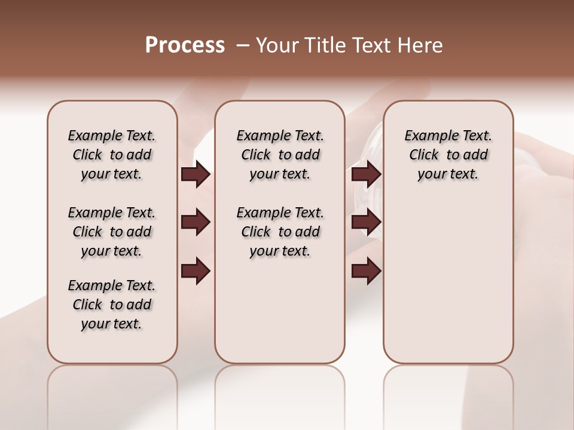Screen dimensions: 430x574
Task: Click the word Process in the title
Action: pos(185,45)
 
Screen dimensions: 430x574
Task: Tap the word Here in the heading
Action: pos(421,45)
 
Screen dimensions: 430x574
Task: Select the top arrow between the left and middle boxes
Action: pos(196,174)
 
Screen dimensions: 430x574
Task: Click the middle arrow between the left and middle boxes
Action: pos(196,223)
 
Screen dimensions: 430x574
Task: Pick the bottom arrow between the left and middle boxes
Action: pos(196,271)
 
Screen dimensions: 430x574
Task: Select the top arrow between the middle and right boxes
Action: pos(366,174)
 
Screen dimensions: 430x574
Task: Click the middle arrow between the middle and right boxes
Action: pos(366,223)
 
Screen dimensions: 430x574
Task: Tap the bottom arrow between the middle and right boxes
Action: pos(366,271)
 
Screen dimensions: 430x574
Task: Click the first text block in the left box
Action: pos(112,155)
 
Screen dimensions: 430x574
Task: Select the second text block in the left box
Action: pos(112,232)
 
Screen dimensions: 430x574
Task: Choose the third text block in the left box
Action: pos(112,305)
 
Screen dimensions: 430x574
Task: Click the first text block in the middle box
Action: pos(280,155)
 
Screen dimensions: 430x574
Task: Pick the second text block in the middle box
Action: pos(280,232)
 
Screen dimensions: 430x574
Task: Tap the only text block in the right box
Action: pos(448,155)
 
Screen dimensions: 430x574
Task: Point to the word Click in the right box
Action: pos(424,155)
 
